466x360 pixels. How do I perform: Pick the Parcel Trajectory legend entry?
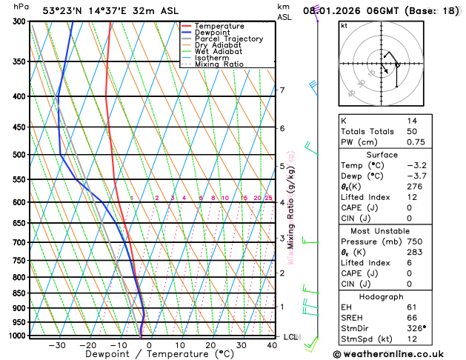(228, 39)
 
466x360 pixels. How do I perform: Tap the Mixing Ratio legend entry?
(219, 64)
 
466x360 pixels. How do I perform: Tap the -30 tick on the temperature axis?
(57, 345)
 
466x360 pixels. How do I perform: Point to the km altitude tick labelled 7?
(282, 90)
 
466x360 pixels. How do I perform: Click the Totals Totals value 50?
(412, 131)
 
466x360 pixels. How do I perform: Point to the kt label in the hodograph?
(344, 26)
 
